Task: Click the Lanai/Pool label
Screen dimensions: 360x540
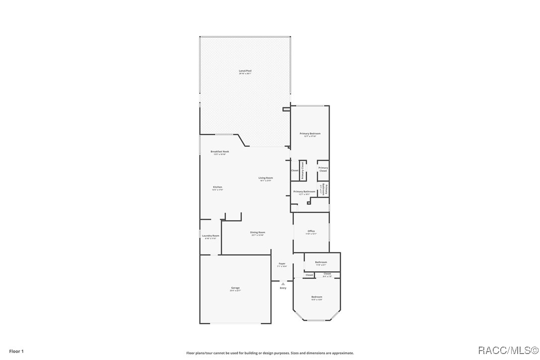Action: tap(245, 71)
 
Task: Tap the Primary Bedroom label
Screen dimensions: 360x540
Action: tap(310, 134)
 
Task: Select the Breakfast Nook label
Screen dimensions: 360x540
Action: tap(220, 152)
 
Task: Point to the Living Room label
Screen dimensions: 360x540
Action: tap(266, 178)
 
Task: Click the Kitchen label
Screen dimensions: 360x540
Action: tap(217, 187)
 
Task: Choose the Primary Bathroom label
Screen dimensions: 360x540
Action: tap(304, 191)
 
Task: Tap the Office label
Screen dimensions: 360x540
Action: tap(311, 231)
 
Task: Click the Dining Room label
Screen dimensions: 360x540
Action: tap(258, 232)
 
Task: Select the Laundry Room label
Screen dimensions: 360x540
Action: tap(210, 236)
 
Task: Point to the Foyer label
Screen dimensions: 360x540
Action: tap(282, 264)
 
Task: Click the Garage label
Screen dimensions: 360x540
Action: tap(235, 288)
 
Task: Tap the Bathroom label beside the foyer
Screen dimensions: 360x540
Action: tap(321, 262)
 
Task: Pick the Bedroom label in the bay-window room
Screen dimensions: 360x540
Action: tap(317, 297)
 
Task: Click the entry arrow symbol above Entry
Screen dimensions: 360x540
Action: tap(283, 284)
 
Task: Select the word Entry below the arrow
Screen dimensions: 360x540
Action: tap(283, 288)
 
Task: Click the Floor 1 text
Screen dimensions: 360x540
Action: tap(16, 351)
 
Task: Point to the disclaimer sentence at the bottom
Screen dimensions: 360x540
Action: tap(270, 353)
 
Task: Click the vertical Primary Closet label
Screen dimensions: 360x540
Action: tap(302, 171)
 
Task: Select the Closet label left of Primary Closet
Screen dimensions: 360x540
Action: tap(295, 171)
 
